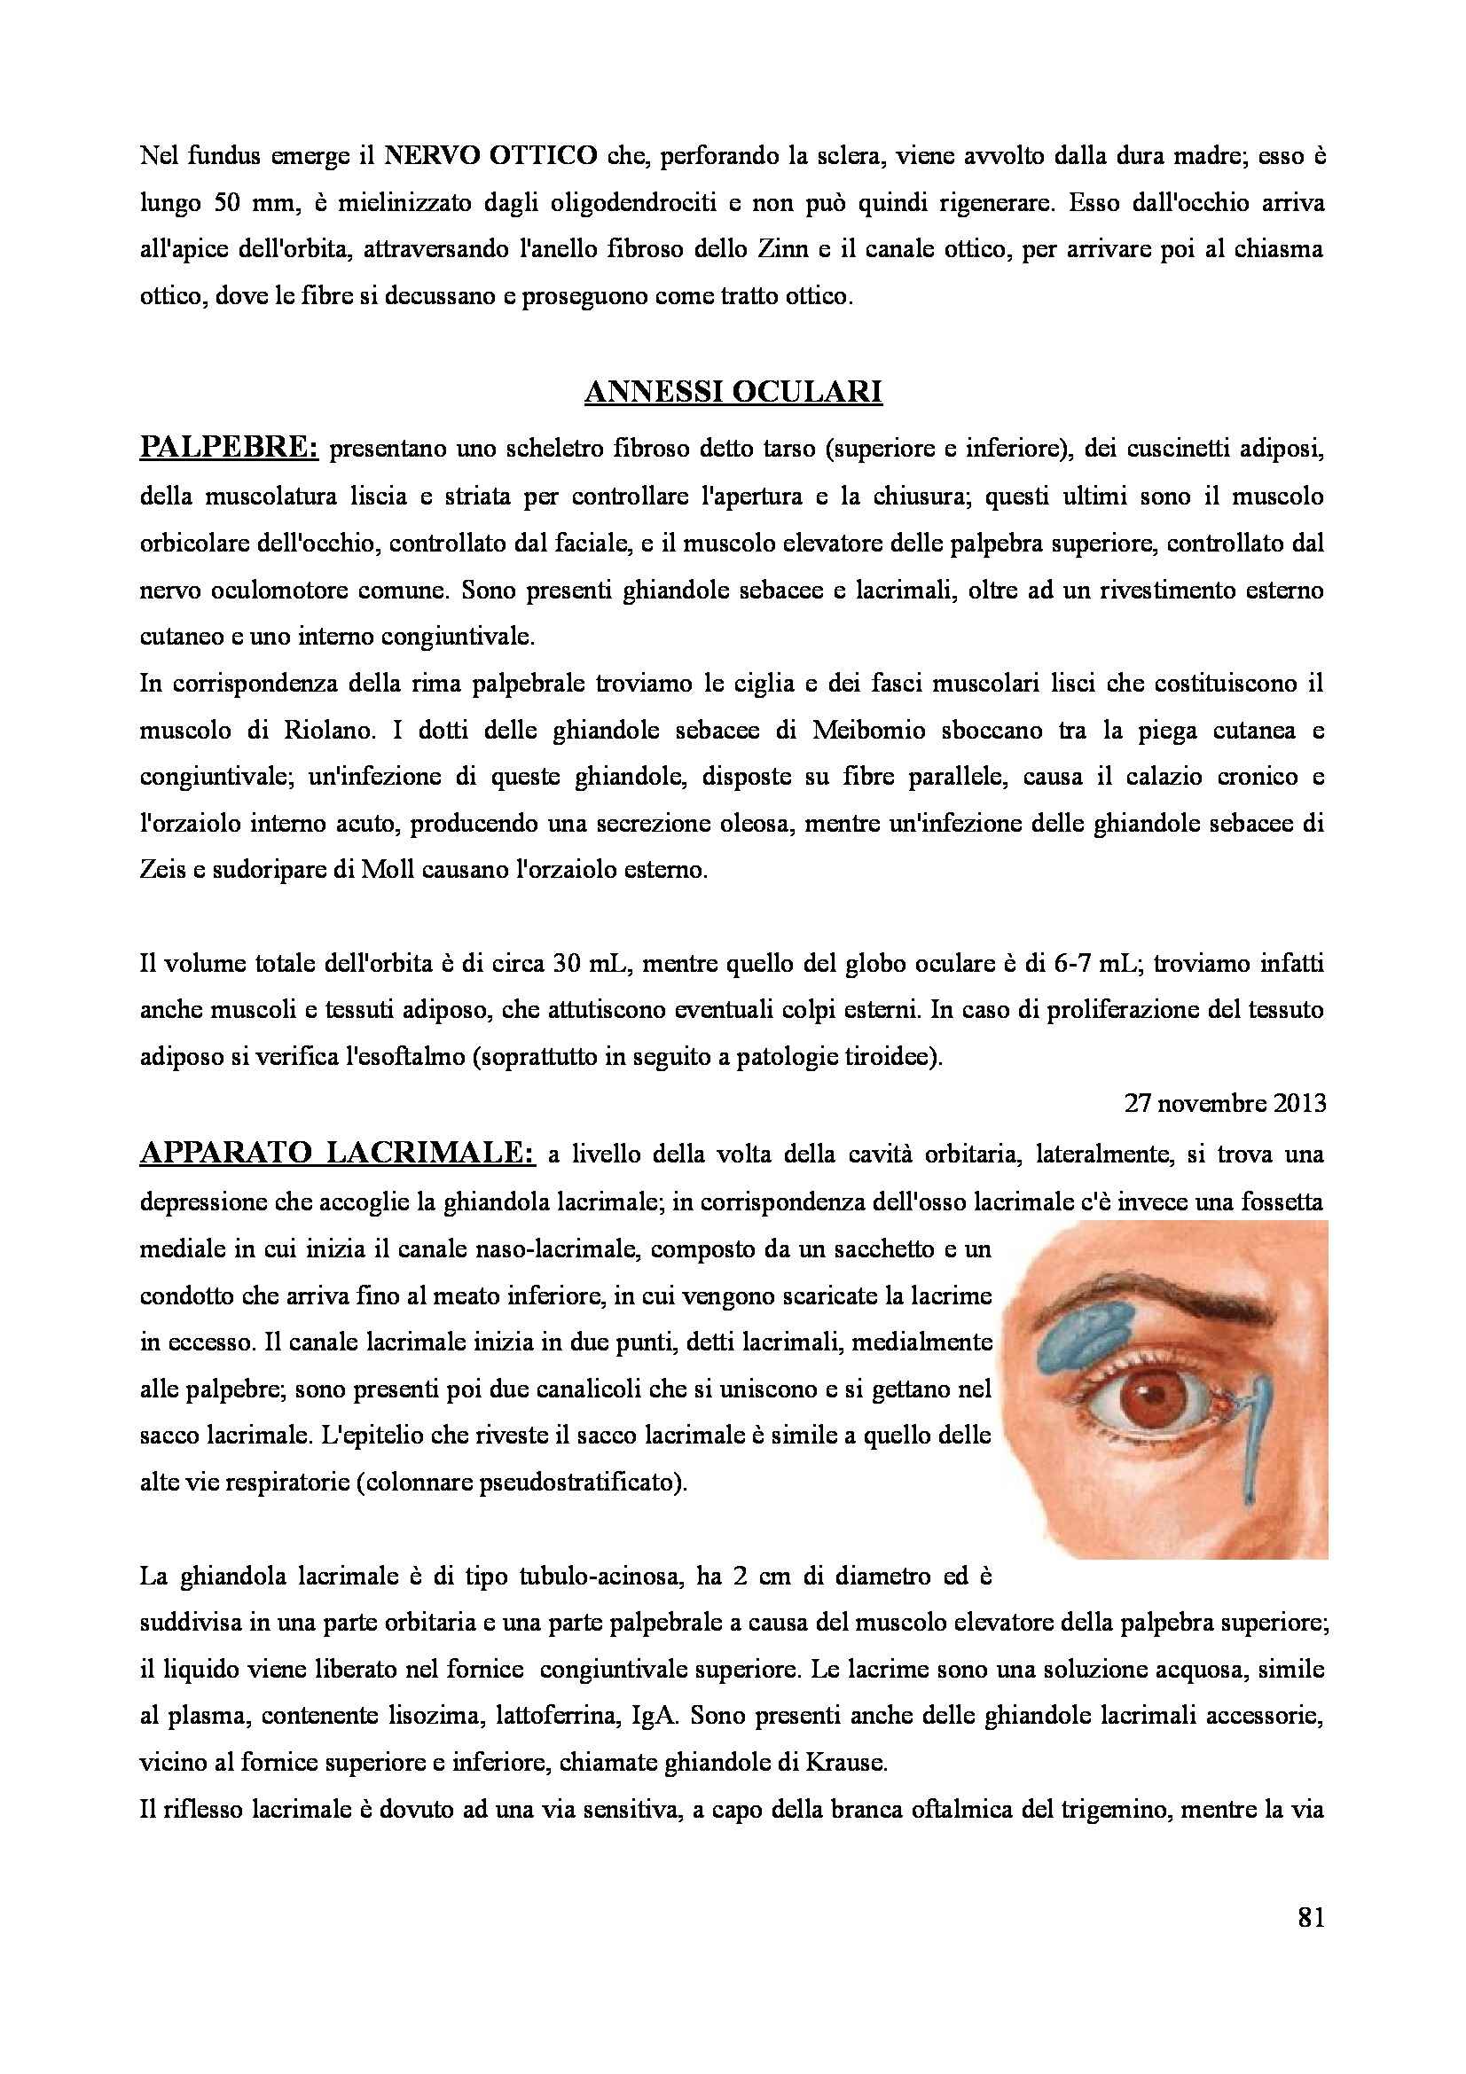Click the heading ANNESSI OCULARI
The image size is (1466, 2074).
pyautogui.click(x=733, y=392)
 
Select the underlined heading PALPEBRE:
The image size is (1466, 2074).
pyautogui.click(x=229, y=448)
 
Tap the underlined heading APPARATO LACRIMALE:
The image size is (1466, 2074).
pyautogui.click(x=337, y=1153)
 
